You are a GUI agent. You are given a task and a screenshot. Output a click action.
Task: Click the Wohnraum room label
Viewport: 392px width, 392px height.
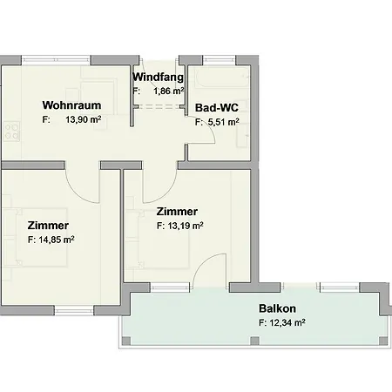tap(71, 105)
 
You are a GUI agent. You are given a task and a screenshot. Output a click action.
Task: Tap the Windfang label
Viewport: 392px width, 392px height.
tap(159, 78)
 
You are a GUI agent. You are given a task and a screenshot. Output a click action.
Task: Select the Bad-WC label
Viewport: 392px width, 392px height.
tap(217, 108)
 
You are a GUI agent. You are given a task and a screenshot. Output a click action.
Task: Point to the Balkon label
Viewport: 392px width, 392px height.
tap(277, 308)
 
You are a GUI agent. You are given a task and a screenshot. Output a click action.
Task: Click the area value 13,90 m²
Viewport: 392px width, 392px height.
tap(84, 119)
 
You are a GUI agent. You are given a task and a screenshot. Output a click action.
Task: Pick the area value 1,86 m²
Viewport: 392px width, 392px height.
tap(169, 91)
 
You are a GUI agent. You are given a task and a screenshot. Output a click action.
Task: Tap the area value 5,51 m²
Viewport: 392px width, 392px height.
tap(224, 122)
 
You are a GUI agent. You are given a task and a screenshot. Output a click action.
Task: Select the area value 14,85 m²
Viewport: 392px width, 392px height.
tap(57, 240)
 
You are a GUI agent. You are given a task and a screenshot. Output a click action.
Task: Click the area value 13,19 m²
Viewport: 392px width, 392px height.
tap(186, 226)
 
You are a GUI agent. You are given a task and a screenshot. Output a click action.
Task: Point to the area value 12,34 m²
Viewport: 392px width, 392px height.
tap(287, 322)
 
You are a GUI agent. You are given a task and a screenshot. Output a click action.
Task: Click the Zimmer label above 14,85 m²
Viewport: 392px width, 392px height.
tap(48, 226)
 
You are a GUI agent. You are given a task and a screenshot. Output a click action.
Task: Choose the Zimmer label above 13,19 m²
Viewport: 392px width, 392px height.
tap(177, 212)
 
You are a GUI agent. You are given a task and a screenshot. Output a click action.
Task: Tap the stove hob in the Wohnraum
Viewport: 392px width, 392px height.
tap(12, 132)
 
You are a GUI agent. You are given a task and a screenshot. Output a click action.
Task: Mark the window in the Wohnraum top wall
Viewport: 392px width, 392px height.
tap(56, 60)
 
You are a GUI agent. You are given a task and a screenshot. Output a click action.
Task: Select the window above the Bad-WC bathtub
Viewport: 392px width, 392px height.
tap(219, 60)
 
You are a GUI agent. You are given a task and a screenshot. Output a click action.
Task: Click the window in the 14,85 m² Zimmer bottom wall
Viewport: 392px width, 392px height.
tap(74, 310)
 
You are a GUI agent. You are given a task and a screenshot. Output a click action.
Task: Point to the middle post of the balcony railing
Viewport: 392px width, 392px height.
tap(254, 341)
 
